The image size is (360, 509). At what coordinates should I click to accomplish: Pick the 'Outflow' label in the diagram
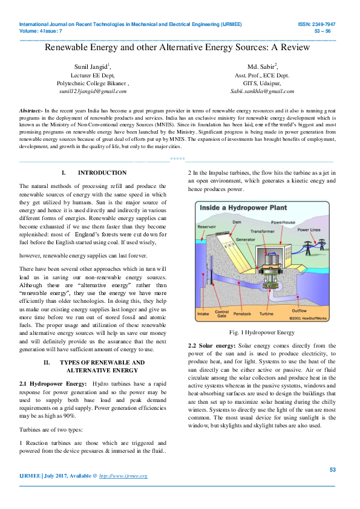tap(299, 310)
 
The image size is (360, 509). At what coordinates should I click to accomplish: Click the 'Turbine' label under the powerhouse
tap(266, 314)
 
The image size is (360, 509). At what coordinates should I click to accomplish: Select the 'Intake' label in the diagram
tap(203, 314)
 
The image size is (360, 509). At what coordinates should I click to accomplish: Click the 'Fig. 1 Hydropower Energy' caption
tap(260, 332)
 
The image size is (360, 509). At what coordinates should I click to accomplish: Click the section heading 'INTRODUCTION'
tap(102, 173)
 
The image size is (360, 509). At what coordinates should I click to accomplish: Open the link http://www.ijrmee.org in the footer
tap(123, 476)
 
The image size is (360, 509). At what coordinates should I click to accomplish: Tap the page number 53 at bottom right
tap(332, 470)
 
